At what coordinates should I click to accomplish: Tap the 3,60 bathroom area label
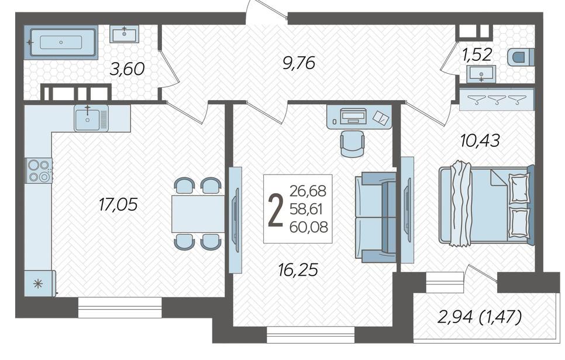(127, 69)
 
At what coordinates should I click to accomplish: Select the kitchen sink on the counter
(91, 118)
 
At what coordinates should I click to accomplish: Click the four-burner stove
(39, 170)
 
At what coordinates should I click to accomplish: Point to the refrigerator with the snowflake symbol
(40, 283)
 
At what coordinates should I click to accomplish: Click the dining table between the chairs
(198, 214)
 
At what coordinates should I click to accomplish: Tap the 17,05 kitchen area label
(118, 205)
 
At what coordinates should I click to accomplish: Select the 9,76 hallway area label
(299, 63)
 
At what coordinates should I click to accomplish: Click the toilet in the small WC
(521, 57)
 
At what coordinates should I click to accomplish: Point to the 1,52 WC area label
(477, 54)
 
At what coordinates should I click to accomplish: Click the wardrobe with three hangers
(497, 98)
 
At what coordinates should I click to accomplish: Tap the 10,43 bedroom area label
(480, 140)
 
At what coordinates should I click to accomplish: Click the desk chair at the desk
(353, 143)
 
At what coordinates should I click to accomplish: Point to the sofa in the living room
(375, 217)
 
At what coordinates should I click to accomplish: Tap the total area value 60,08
(309, 227)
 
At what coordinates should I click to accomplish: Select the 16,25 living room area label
(298, 269)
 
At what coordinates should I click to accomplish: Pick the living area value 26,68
(308, 191)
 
